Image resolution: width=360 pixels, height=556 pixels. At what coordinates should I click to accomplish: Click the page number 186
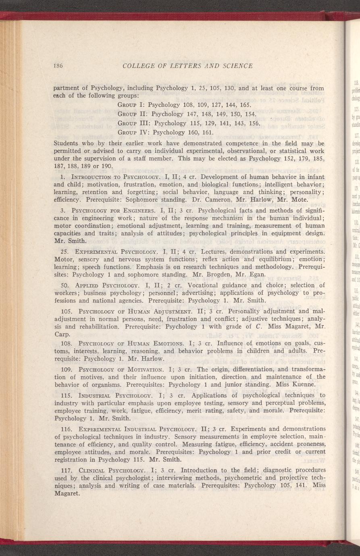(60, 66)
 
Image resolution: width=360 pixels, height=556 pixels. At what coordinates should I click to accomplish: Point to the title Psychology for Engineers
(106, 210)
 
